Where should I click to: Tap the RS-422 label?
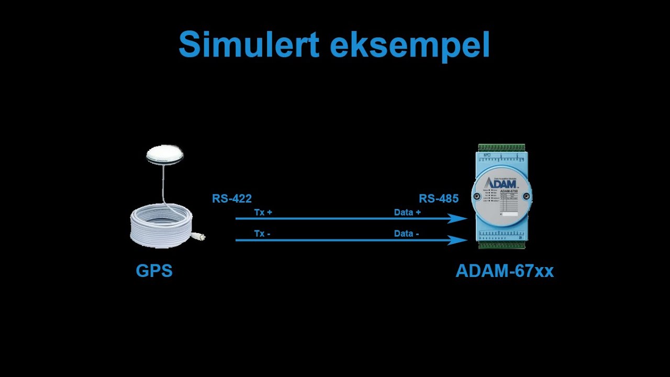tap(232, 199)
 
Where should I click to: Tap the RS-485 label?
tap(439, 199)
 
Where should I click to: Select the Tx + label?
tap(263, 213)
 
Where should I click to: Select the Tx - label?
tap(262, 234)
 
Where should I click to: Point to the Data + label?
tap(407, 213)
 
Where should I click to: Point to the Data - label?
tap(406, 234)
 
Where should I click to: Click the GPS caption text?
tap(154, 271)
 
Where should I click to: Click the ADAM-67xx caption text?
tap(505, 271)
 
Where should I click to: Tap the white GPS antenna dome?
tap(165, 154)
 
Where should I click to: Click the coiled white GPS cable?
tap(161, 225)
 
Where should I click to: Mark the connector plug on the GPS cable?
tap(198, 236)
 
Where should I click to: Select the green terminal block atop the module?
tap(501, 148)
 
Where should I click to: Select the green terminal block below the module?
tap(501, 244)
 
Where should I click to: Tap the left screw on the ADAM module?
tap(477, 197)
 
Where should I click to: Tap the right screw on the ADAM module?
tap(527, 198)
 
